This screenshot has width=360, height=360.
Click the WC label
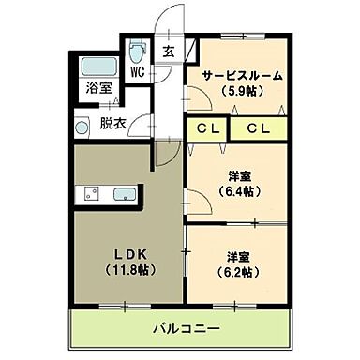pos(137,71)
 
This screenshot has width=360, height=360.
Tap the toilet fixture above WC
pos(137,50)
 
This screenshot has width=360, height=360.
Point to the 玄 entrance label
pos(168,52)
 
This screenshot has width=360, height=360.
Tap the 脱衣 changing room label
pos(112,122)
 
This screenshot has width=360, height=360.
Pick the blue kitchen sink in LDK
pos(124,196)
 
